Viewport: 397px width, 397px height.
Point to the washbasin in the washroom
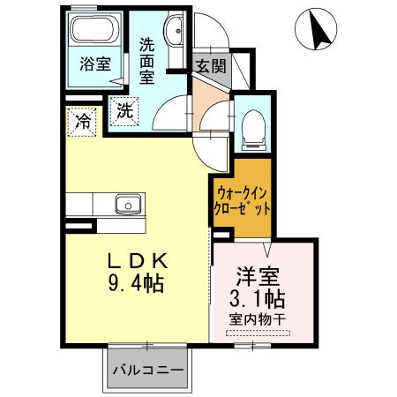pyautogui.click(x=173, y=30)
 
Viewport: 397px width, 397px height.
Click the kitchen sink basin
pyautogui.click(x=125, y=206)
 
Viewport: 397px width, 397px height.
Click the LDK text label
pyautogui.click(x=136, y=263)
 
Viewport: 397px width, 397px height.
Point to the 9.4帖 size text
pyautogui.click(x=136, y=285)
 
